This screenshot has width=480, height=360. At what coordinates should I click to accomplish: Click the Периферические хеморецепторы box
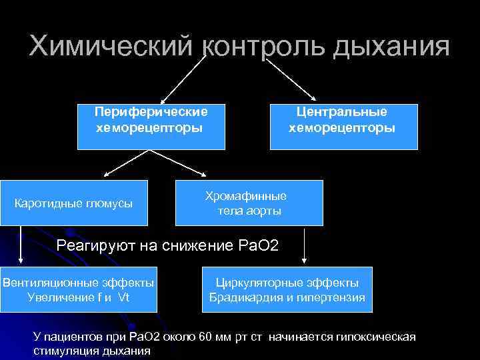pos(150,126)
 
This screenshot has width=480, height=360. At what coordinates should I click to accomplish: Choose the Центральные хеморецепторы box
pos(343,126)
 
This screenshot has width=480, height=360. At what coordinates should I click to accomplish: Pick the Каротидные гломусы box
pos(73,203)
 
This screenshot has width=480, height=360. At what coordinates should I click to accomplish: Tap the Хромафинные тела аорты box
pos(249,203)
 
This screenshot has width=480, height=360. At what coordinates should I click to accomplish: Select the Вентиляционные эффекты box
pos(79,289)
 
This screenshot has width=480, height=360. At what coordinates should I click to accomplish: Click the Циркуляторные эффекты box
pos(287,289)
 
